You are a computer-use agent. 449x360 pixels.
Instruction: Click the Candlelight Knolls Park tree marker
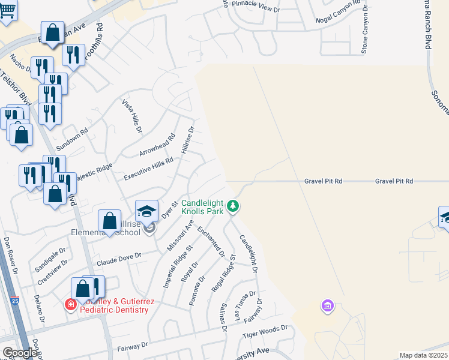click(x=234, y=207)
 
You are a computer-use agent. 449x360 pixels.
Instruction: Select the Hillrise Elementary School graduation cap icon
click(x=146, y=211)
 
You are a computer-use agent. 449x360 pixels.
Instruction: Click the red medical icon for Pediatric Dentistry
click(x=71, y=305)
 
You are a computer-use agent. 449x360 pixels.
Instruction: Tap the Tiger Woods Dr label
click(x=265, y=333)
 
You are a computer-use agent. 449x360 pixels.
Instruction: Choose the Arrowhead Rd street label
click(x=156, y=145)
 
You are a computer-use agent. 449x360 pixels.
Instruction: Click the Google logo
click(x=20, y=353)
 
